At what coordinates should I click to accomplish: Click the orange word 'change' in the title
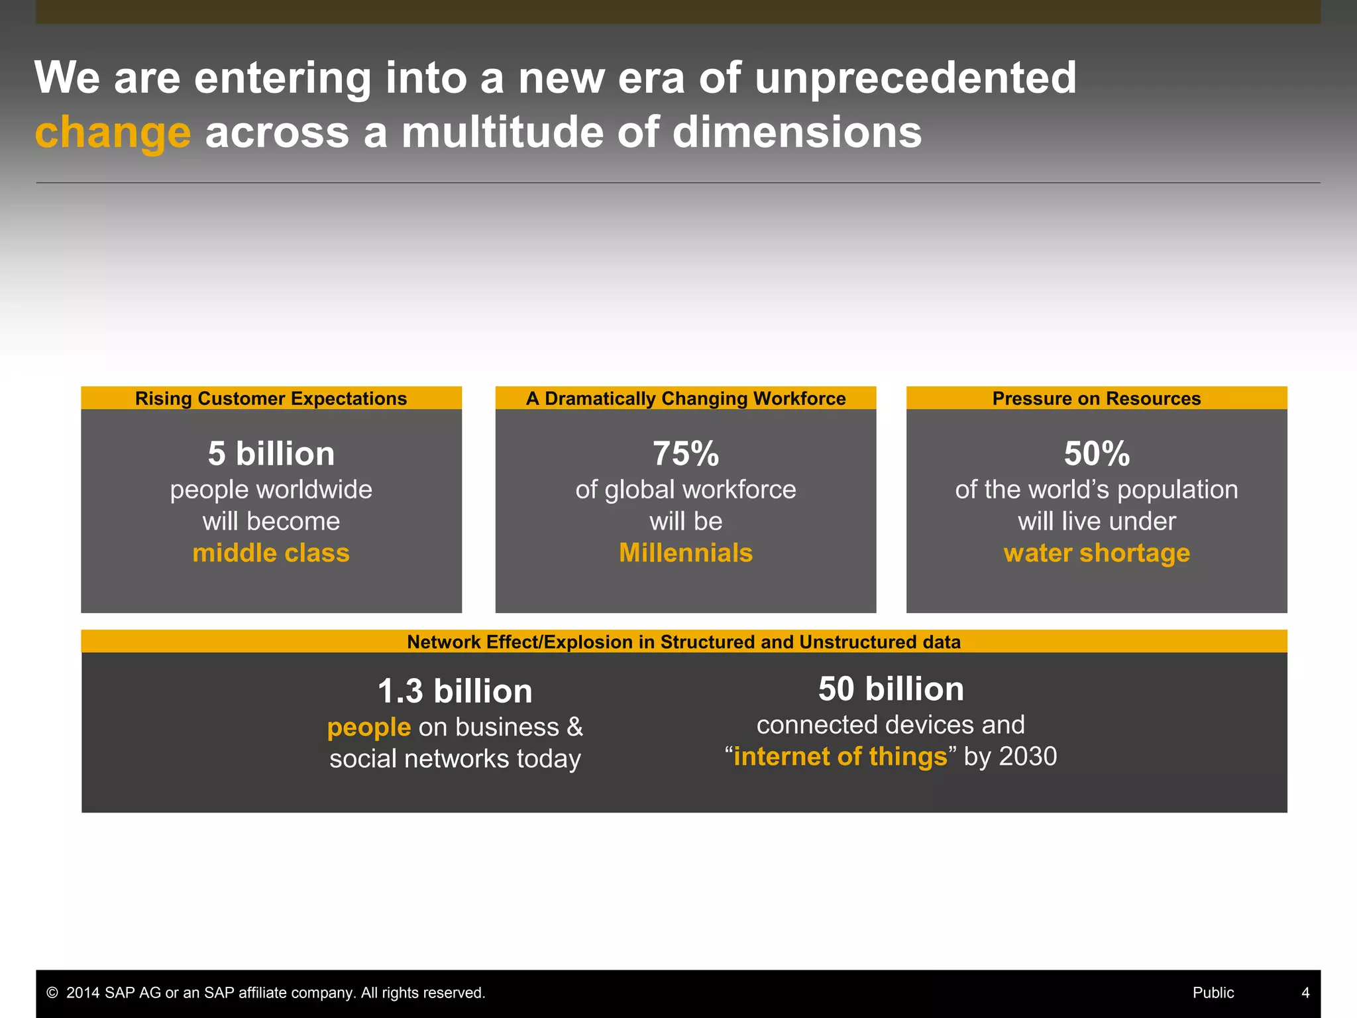[x=113, y=133]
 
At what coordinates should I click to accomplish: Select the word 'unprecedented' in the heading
[x=916, y=78]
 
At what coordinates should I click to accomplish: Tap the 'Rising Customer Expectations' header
[x=271, y=398]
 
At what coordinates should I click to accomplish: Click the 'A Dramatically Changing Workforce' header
[x=686, y=398]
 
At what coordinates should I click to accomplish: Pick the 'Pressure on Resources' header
[x=1097, y=398]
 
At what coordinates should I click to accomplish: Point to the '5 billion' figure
[x=271, y=454]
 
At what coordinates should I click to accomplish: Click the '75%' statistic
[x=686, y=454]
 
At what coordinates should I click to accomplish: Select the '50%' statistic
[x=1097, y=454]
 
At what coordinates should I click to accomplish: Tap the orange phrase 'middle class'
[x=271, y=553]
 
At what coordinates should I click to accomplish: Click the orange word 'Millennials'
[x=686, y=553]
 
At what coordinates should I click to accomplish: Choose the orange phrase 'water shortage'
[x=1097, y=553]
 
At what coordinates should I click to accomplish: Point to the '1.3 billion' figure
[x=455, y=691]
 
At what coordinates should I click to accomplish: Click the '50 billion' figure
[x=891, y=689]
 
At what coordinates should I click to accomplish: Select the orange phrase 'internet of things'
[x=840, y=756]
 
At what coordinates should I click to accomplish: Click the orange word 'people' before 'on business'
[x=369, y=728]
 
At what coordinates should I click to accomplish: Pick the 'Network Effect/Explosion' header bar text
[x=684, y=642]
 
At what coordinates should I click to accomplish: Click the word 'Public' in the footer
[x=1213, y=993]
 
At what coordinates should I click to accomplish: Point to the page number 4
[x=1305, y=993]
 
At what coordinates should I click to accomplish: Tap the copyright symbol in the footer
[x=52, y=993]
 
